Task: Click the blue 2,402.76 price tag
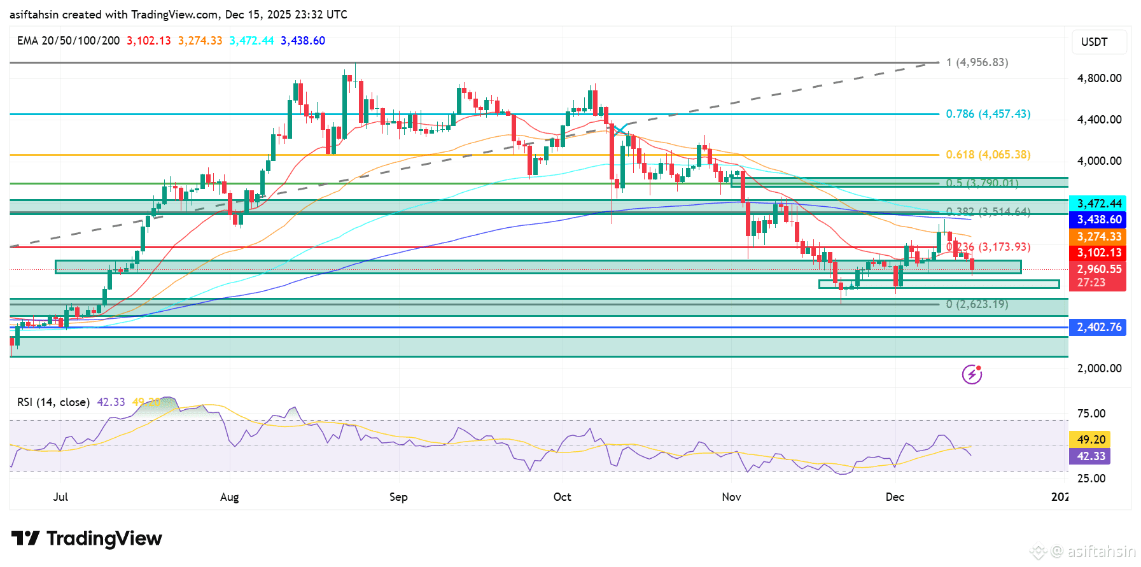point(1098,327)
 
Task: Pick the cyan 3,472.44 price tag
point(1098,204)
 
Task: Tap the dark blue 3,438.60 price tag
point(1098,220)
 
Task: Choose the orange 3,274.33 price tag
point(1098,237)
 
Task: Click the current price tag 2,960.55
point(1098,270)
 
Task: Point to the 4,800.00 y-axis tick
point(1099,78)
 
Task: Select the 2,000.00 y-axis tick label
point(1099,368)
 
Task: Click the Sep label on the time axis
point(398,497)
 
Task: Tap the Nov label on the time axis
point(731,497)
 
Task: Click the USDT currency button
point(1094,42)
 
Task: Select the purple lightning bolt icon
point(972,374)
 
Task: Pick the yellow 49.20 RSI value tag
point(1091,440)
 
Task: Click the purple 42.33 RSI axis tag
point(1091,456)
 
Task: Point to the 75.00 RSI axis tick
point(1091,414)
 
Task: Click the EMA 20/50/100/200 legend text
point(68,41)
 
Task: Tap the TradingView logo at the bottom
point(87,538)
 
